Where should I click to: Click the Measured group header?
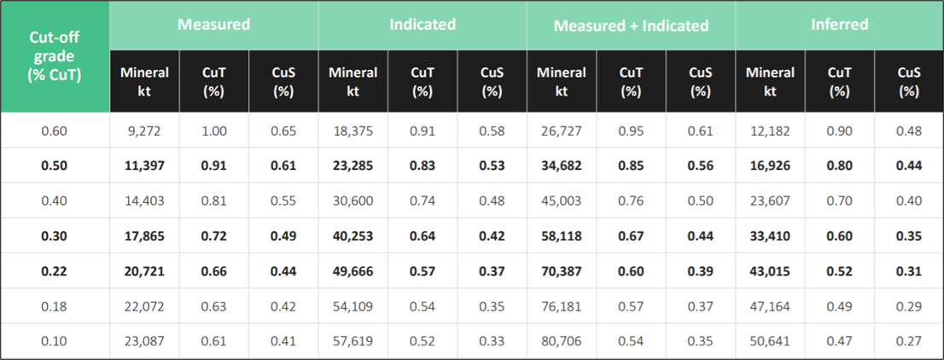[213, 24]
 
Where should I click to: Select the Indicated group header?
[422, 24]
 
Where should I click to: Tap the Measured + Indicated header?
[631, 25]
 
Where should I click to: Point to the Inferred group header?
[839, 24]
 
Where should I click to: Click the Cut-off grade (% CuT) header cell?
[55, 56]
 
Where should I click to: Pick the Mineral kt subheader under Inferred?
[770, 81]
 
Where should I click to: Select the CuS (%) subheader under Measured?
[283, 81]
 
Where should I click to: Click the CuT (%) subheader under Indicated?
[422, 81]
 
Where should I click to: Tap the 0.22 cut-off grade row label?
[55, 270]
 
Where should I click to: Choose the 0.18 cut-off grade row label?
[55, 305]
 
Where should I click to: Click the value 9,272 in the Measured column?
[144, 131]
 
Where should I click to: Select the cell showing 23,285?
[353, 166]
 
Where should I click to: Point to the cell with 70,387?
[562, 270]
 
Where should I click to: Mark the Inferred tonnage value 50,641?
[770, 340]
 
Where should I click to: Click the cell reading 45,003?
[562, 201]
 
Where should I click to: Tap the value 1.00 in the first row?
[213, 131]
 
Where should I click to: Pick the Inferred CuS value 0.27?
[909, 340]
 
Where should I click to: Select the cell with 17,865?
[144, 236]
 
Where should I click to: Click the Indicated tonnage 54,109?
[353, 305]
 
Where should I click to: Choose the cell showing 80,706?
[562, 340]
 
